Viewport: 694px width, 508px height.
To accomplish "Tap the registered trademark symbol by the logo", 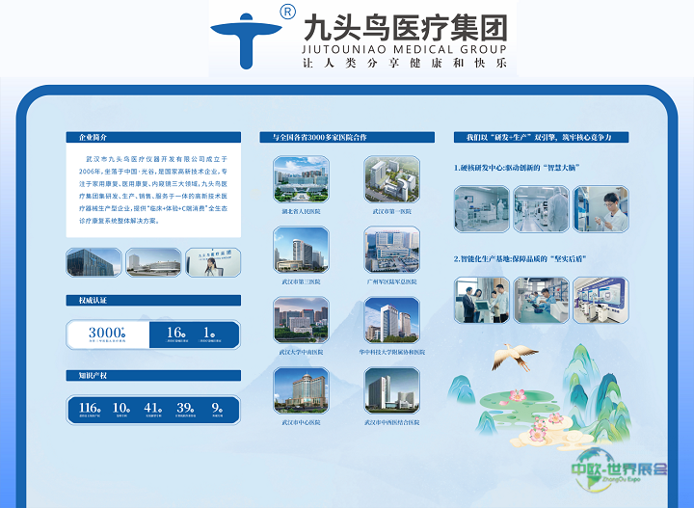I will [x=286, y=12].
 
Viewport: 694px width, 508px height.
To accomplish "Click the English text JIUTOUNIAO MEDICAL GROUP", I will [x=404, y=45].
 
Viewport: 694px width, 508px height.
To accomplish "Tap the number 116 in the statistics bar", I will [x=90, y=408].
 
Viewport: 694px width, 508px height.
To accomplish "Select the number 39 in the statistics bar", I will [x=185, y=408].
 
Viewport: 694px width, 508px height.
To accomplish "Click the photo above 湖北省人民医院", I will [x=301, y=179].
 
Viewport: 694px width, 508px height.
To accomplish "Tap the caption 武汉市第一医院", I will [x=391, y=211].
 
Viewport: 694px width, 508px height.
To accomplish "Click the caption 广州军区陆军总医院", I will [x=391, y=282].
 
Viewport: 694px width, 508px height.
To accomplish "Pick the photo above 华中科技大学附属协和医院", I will [x=391, y=320].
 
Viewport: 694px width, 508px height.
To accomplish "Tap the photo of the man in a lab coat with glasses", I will [x=601, y=209].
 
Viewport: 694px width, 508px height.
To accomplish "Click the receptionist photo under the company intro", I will [x=212, y=261].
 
